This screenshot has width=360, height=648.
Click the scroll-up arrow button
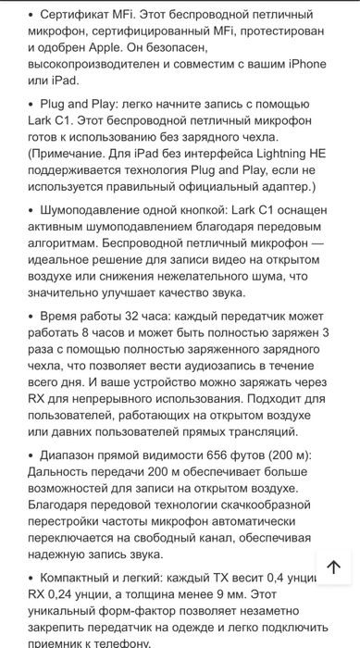tap(334, 567)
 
